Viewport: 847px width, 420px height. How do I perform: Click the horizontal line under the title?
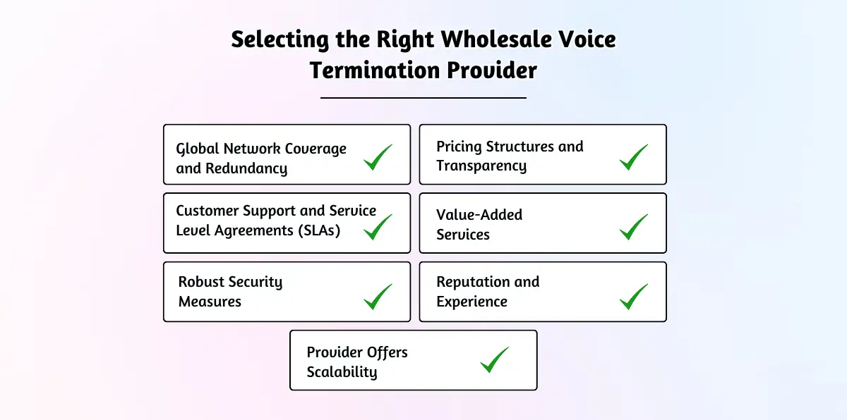pyautogui.click(x=423, y=98)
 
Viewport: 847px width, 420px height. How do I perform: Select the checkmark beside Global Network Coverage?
pyautogui.click(x=378, y=157)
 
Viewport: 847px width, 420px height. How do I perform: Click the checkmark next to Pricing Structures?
pyautogui.click(x=634, y=157)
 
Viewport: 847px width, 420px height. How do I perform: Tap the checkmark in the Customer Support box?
pyautogui.click(x=378, y=226)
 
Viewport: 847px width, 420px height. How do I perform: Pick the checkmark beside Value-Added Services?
pyautogui.click(x=634, y=226)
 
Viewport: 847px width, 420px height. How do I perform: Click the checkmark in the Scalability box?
pyautogui.click(x=495, y=359)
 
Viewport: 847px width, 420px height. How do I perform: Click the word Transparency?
pyautogui.click(x=481, y=166)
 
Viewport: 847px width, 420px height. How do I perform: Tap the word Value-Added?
pyautogui.click(x=479, y=215)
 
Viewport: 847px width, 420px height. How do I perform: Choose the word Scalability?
pyautogui.click(x=342, y=372)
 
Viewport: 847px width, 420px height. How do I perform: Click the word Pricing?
pyautogui.click(x=459, y=147)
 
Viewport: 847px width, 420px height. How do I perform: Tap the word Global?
pyautogui.click(x=198, y=149)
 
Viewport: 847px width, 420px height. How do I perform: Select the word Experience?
pyautogui.click(x=471, y=302)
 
